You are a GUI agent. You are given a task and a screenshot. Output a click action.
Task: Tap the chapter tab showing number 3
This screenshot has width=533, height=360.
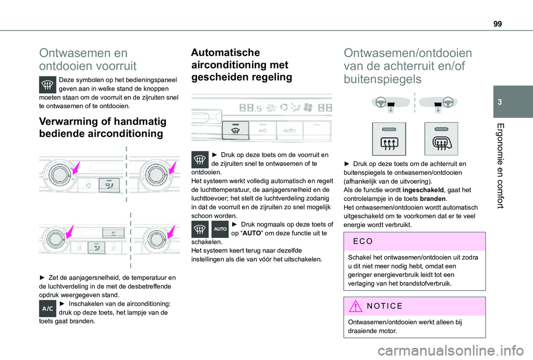pos(510,102)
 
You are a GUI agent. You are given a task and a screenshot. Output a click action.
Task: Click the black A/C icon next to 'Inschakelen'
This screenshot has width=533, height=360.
pos(48,309)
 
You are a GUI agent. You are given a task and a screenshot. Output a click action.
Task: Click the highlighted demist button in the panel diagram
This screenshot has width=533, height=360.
pos(235,131)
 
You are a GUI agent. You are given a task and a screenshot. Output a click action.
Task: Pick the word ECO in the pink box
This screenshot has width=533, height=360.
pos(361,242)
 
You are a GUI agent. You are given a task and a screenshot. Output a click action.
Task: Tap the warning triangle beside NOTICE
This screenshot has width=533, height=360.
pos(355,306)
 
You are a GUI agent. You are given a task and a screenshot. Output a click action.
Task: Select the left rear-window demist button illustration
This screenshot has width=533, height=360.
pos(389,139)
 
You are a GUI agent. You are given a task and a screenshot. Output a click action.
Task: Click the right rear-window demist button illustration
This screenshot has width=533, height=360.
pos(440,139)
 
